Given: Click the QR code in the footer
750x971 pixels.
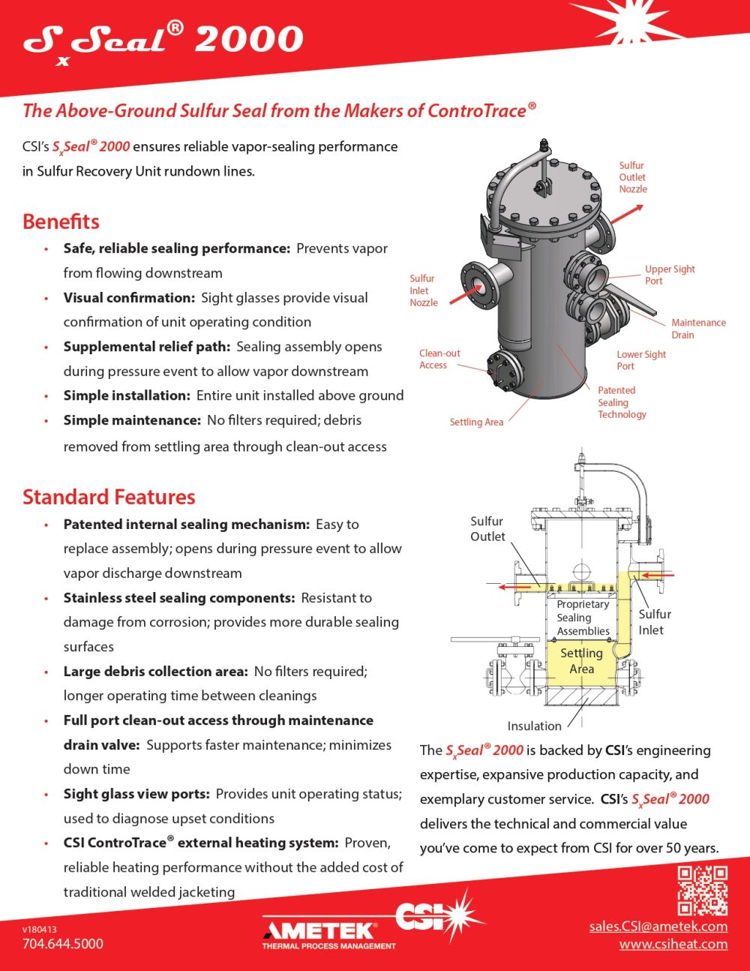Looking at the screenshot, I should (x=702, y=891).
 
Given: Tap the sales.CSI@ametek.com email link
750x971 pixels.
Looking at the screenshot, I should (x=658, y=926).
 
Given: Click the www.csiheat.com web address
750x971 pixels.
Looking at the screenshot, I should (x=673, y=944).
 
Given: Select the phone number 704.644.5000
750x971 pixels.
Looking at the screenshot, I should (x=63, y=944).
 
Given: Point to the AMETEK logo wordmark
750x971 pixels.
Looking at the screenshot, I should (x=319, y=930).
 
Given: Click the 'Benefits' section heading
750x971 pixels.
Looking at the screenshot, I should (x=61, y=221).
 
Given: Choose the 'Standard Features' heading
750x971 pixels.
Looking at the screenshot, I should (x=109, y=497).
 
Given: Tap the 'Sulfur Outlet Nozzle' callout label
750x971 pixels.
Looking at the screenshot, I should (x=632, y=177).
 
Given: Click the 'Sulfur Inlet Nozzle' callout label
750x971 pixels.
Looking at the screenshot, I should (x=423, y=290).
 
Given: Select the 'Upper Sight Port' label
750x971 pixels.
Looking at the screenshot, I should (x=669, y=275).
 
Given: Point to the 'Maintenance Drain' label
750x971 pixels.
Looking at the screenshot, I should (x=697, y=329).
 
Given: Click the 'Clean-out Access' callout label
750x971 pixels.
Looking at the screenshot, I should (x=439, y=359).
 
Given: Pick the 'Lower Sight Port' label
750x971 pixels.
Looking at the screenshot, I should (x=640, y=360).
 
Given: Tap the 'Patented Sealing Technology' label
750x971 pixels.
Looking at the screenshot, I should (x=621, y=402).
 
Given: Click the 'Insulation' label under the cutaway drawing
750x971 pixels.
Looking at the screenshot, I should (x=534, y=726).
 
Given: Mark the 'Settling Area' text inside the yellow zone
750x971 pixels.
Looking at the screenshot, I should (x=581, y=661).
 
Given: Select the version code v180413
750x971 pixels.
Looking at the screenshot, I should (x=39, y=929).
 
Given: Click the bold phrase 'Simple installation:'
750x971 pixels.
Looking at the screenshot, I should (x=127, y=395).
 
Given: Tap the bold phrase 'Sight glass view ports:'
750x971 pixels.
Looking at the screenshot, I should (x=137, y=794).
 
